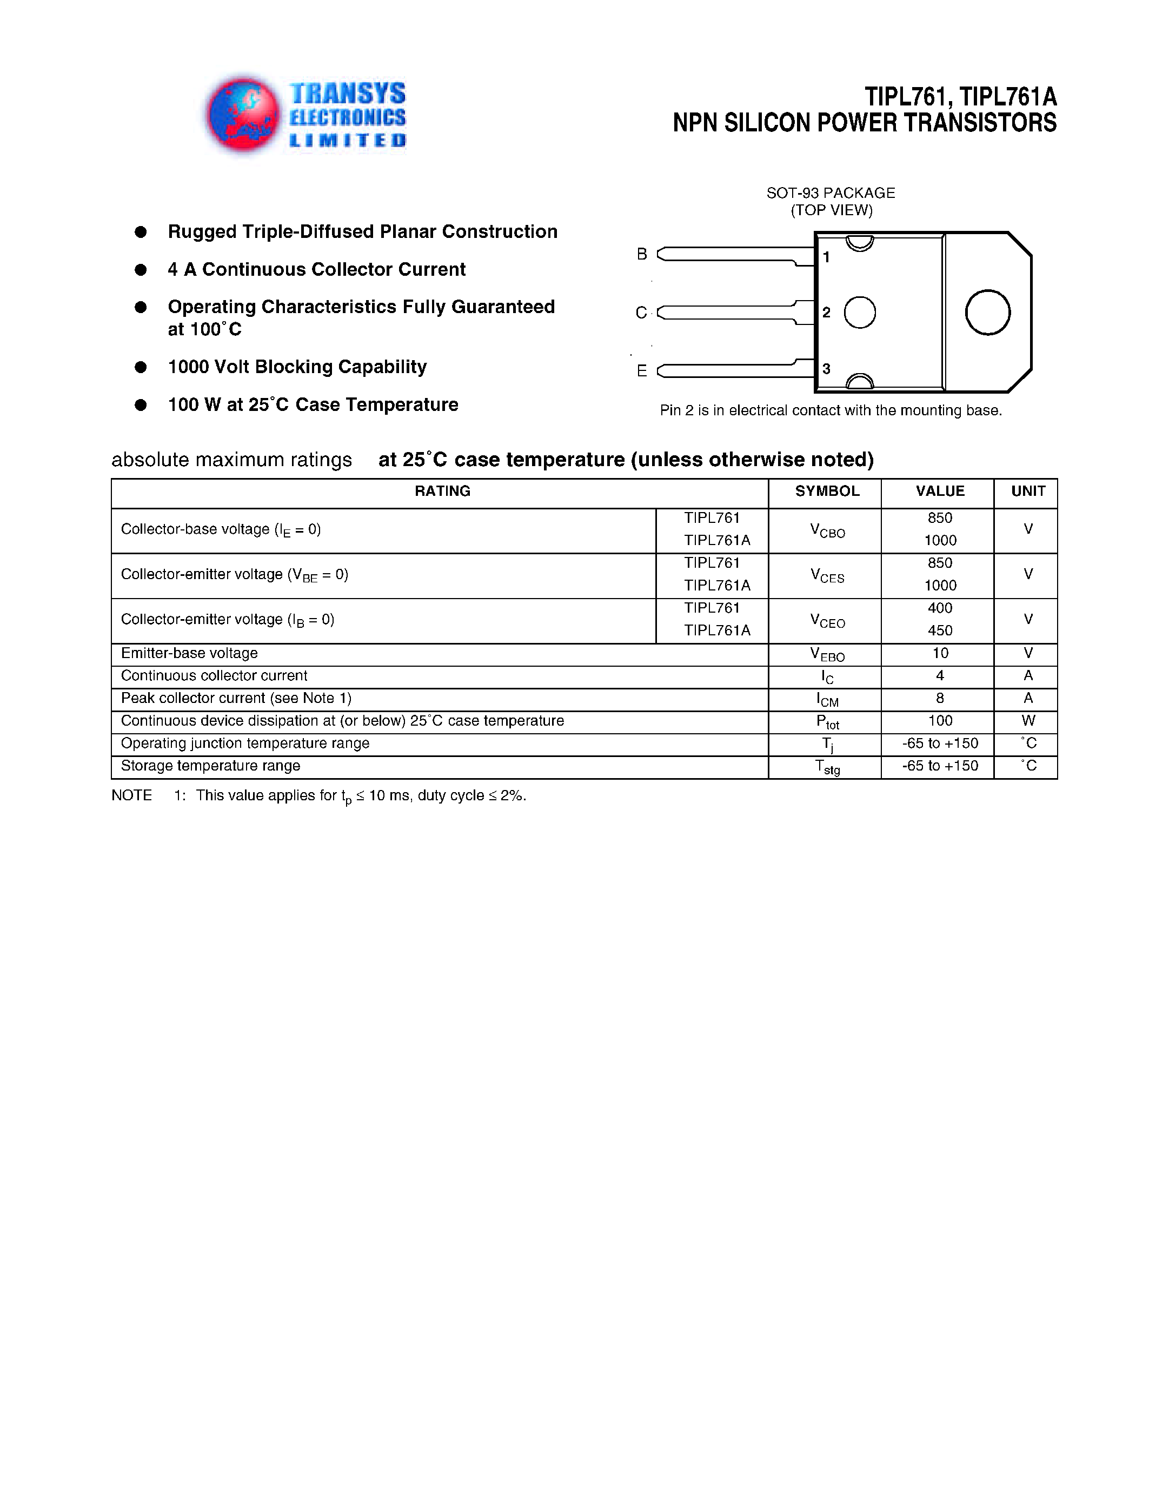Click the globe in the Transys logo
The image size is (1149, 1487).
point(243,114)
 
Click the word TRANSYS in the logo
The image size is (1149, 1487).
point(347,94)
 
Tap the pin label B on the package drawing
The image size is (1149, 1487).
point(641,254)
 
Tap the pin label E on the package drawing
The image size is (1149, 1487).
point(641,371)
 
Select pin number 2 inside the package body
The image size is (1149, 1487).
point(826,313)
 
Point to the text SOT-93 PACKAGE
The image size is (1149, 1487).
point(831,192)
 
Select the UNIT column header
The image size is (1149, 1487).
point(1028,491)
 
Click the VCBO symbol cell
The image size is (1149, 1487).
point(827,531)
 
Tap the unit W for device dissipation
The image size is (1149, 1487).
point(1028,720)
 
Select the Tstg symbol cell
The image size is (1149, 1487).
point(827,767)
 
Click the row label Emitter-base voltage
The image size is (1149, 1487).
point(189,653)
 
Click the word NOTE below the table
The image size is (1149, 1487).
point(131,795)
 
